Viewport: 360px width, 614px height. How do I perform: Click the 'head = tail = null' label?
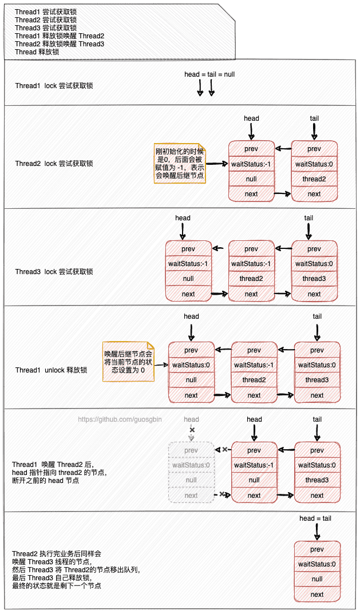pyautogui.click(x=209, y=74)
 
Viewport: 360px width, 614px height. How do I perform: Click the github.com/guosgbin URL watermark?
pyautogui.click(x=120, y=419)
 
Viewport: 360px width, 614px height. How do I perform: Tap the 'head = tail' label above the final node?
pyautogui.click(x=315, y=518)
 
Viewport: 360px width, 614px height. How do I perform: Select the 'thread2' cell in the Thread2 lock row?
pyautogui.click(x=314, y=179)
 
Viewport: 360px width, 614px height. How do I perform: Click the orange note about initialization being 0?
pyautogui.click(x=180, y=164)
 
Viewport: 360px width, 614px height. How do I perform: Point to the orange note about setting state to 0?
pyautogui.click(x=128, y=362)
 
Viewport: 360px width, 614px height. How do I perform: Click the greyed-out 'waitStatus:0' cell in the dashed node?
pyautogui.click(x=191, y=465)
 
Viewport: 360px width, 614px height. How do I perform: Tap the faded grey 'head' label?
pyautogui.click(x=191, y=419)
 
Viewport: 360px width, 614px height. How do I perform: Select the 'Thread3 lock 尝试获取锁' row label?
pyautogui.click(x=54, y=272)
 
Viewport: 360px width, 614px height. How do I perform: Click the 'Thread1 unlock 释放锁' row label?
pyautogui.click(x=51, y=370)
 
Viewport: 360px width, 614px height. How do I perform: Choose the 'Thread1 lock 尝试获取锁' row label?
pyautogui.click(x=54, y=86)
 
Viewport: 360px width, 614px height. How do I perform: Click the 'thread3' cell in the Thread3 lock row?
pyautogui.click(x=314, y=279)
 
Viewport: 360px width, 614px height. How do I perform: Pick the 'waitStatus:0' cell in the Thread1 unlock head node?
pyautogui.click(x=191, y=365)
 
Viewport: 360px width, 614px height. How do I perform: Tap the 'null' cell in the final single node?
pyautogui.click(x=317, y=579)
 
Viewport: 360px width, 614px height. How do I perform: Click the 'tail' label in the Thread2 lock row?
pyautogui.click(x=314, y=118)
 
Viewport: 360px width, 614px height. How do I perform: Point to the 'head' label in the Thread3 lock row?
pyautogui.click(x=183, y=218)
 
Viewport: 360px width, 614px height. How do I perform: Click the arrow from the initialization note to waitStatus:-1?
pyautogui.click(x=216, y=164)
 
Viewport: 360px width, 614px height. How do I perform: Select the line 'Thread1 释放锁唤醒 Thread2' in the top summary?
pyautogui.click(x=60, y=36)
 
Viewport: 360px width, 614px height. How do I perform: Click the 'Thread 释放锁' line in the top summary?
pyautogui.click(x=37, y=52)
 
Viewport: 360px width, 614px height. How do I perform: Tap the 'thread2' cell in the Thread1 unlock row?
pyautogui.click(x=254, y=380)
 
